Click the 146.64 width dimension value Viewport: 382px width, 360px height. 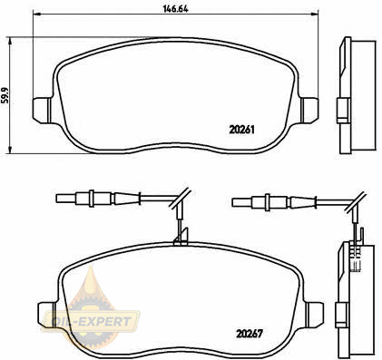click(x=176, y=9)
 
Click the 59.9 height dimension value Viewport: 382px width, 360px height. click(x=5, y=95)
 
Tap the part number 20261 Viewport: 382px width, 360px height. click(x=241, y=130)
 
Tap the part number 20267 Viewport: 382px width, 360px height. click(x=250, y=334)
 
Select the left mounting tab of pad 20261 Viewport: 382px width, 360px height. click(x=43, y=110)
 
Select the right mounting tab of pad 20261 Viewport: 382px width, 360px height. click(x=309, y=110)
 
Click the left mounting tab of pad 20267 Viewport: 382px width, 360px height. click(x=47, y=314)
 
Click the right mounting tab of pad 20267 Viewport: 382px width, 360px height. click(x=314, y=314)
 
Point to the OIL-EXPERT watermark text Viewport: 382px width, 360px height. click(x=91, y=321)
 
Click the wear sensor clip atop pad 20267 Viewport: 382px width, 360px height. click(x=181, y=237)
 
